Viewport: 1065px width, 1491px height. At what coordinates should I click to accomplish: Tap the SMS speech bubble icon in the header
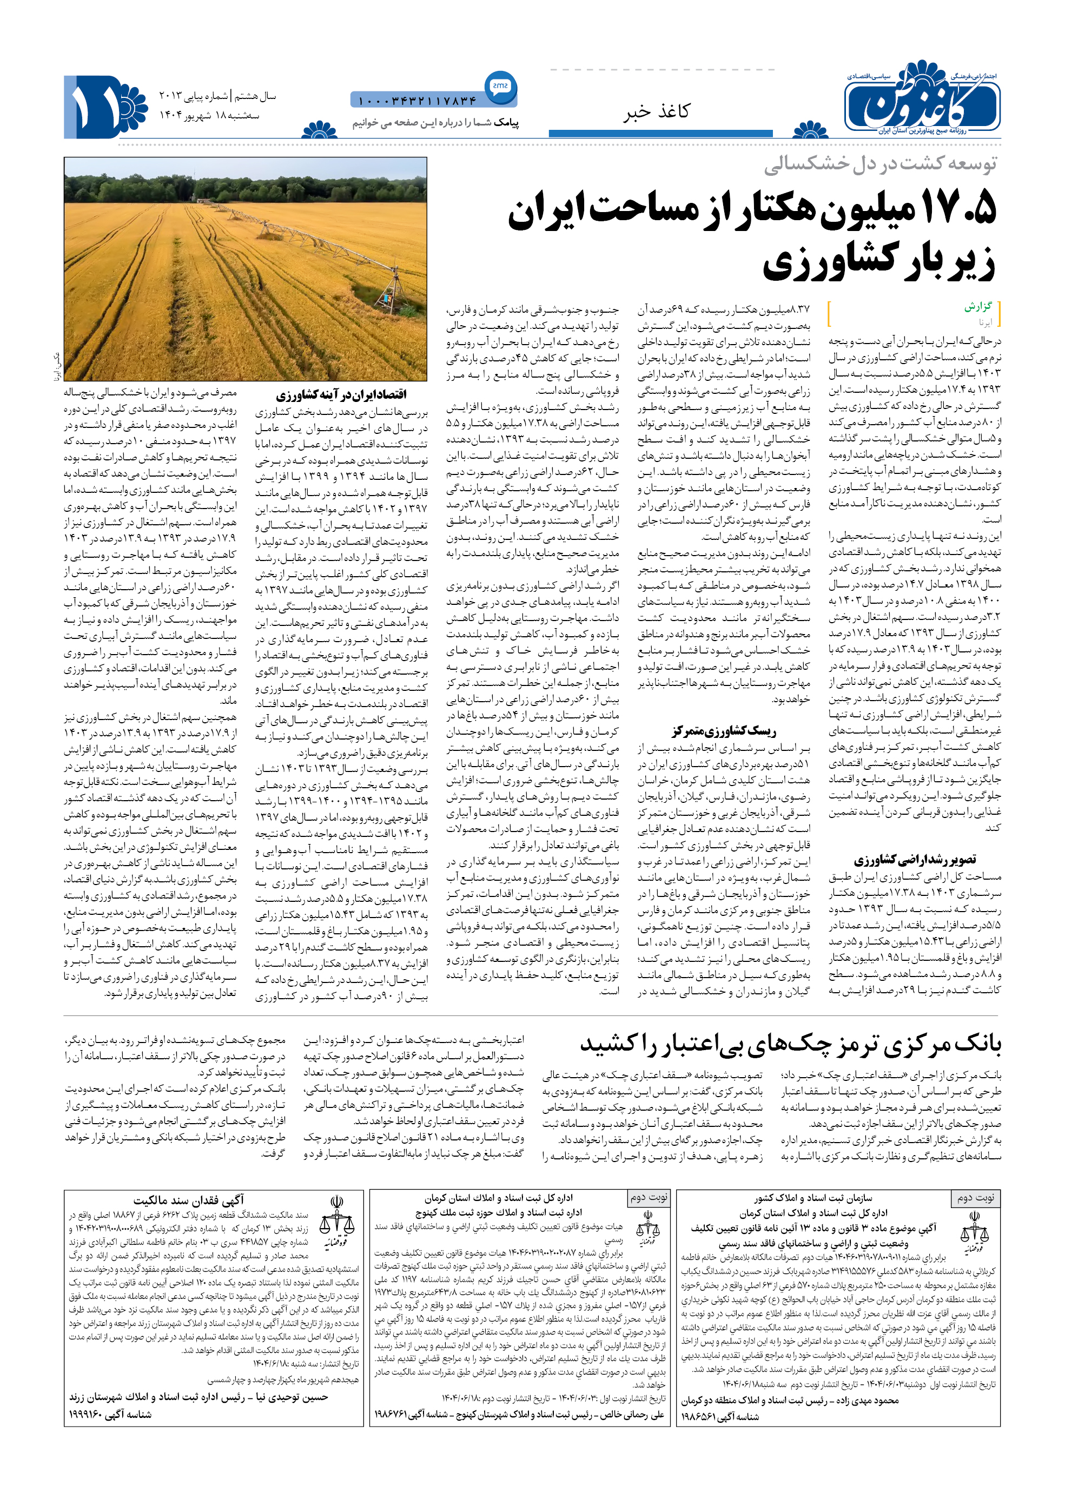500,85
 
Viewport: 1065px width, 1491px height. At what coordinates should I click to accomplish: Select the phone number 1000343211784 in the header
417,101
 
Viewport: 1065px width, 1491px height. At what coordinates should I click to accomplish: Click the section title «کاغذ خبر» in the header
656,111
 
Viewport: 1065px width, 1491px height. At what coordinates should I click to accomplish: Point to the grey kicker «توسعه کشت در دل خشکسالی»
879,164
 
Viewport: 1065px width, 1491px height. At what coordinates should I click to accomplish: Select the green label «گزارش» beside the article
978,306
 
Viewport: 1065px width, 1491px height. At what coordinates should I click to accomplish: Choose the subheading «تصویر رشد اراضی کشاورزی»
914,859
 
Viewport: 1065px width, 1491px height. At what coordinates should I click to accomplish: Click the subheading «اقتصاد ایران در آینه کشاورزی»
341,394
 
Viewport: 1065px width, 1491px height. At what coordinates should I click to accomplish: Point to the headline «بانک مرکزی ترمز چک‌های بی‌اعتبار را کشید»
790,1044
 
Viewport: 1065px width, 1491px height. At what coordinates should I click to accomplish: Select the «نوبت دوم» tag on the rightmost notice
975,1197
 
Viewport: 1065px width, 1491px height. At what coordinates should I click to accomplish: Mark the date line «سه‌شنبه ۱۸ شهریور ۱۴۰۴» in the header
209,115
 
